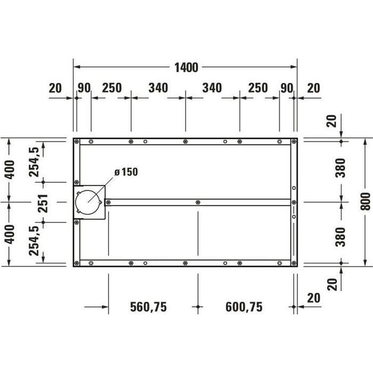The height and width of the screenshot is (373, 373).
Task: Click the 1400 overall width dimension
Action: point(186,68)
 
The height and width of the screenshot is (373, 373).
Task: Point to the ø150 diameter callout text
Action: point(126,172)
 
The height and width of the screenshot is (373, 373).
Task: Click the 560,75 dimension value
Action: point(149,307)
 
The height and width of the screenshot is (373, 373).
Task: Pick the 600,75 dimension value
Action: point(244,307)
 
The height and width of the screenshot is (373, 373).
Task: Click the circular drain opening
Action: point(88,202)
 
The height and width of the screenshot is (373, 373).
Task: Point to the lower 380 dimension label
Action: point(341,236)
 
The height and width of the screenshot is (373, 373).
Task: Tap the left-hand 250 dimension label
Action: point(111,88)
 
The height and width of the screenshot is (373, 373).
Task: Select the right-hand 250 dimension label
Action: point(258,88)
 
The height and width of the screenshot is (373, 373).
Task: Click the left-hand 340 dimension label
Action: point(158,88)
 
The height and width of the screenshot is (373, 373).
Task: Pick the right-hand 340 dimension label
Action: point(212,88)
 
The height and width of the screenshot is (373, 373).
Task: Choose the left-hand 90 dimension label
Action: point(84,88)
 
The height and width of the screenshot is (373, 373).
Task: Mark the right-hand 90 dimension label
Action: point(287,88)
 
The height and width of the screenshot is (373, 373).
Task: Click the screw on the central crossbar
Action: point(198,202)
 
